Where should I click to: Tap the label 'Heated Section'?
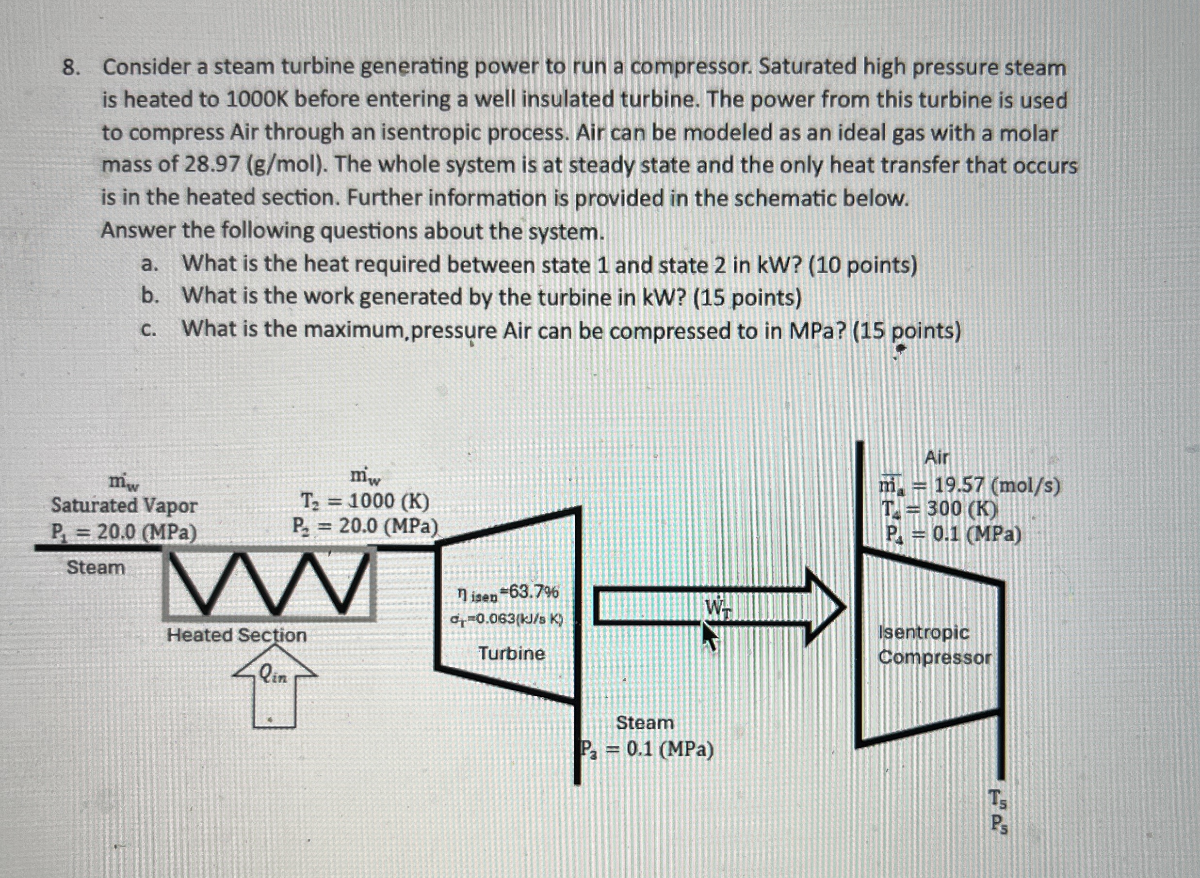pyautogui.click(x=237, y=635)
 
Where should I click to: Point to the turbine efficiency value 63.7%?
pyautogui.click(x=534, y=591)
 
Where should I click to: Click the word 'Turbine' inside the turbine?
pyautogui.click(x=511, y=653)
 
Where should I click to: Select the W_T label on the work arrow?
pyautogui.click(x=717, y=607)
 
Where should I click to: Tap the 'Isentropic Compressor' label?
pyautogui.click(x=934, y=644)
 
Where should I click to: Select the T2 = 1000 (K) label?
pyautogui.click(x=365, y=501)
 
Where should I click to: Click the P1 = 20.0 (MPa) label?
pyautogui.click(x=123, y=532)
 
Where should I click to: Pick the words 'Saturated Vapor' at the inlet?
pyautogui.click(x=124, y=505)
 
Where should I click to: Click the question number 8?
pyautogui.click(x=70, y=67)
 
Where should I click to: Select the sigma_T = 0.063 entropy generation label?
pyautogui.click(x=506, y=619)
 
